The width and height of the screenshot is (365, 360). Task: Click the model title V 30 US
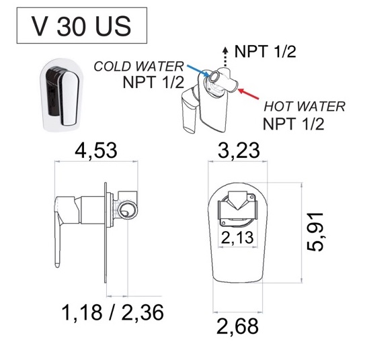[81, 26]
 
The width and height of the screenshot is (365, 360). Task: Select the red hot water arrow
[249, 93]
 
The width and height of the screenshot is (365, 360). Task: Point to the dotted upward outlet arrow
[225, 57]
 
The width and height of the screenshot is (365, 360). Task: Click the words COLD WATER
[138, 66]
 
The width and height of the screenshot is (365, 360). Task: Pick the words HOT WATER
[305, 107]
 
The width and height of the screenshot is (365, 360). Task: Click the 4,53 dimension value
[96, 150]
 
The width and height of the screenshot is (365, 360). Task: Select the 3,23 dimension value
[239, 150]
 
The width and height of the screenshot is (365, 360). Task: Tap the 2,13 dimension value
[237, 238]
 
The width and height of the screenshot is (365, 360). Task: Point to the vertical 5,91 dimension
[315, 232]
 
